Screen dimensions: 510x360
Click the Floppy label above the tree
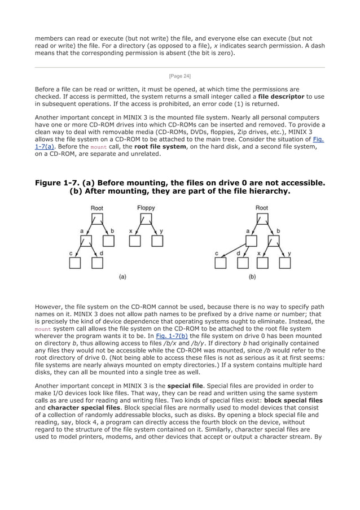tap(146, 208)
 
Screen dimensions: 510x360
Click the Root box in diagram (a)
tap(97, 219)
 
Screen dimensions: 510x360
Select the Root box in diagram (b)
tap(262, 219)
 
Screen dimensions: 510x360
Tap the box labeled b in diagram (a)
tap(109, 241)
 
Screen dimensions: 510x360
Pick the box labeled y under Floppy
tap(157, 241)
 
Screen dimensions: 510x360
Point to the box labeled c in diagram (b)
tap(221, 263)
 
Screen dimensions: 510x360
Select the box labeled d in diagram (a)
tap(96, 263)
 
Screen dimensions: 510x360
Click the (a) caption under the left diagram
tap(121, 277)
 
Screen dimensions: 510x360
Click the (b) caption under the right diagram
tap(252, 277)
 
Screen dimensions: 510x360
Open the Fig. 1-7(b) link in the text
tap(172, 335)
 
